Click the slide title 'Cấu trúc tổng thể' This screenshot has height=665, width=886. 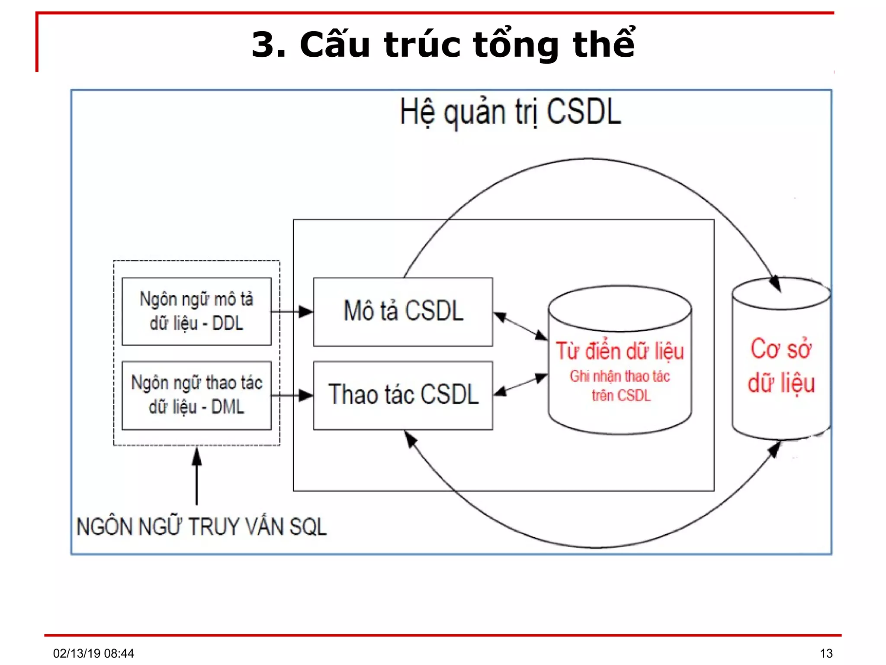(443, 44)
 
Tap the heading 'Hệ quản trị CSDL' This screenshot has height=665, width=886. (510, 112)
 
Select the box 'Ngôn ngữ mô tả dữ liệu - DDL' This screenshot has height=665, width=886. (196, 311)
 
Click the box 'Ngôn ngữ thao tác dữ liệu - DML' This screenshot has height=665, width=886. (196, 395)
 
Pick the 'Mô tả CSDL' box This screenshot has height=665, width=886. (403, 311)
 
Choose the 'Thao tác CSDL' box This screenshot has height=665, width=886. (403, 395)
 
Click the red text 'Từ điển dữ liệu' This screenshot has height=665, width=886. (620, 351)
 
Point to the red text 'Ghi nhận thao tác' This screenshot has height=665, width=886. (620, 376)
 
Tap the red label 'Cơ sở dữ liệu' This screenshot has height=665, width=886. (781, 366)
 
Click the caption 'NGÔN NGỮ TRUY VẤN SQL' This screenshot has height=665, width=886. (201, 527)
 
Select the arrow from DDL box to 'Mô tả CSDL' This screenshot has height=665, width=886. (292, 311)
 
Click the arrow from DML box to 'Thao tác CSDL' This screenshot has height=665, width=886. (292, 395)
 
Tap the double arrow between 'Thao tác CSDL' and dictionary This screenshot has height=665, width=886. (520, 384)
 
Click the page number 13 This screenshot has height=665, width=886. (826, 653)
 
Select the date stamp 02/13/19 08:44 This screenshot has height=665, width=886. (93, 653)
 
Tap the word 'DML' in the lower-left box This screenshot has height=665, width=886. (228, 407)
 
